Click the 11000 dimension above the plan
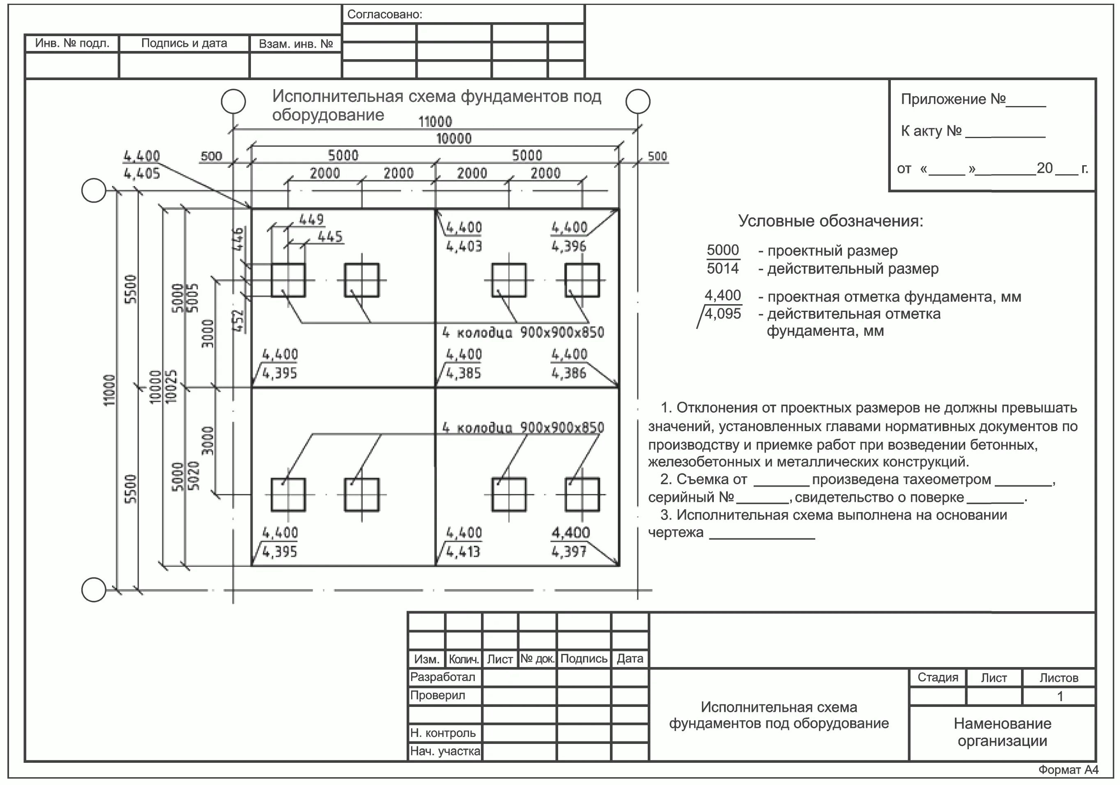(x=435, y=121)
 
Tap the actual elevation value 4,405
(x=141, y=174)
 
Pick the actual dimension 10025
(x=171, y=386)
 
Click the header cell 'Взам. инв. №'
(x=296, y=44)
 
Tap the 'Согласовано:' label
(x=384, y=15)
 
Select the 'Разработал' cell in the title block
(x=442, y=677)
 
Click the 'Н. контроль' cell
(x=443, y=733)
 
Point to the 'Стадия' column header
(x=938, y=678)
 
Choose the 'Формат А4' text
(x=1068, y=770)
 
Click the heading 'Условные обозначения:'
(x=830, y=221)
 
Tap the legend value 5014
(x=722, y=268)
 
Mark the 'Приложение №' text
(x=953, y=99)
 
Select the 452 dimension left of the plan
(x=238, y=321)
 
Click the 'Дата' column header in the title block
(x=630, y=659)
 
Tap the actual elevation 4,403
(x=464, y=246)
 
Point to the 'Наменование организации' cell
(x=1003, y=732)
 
